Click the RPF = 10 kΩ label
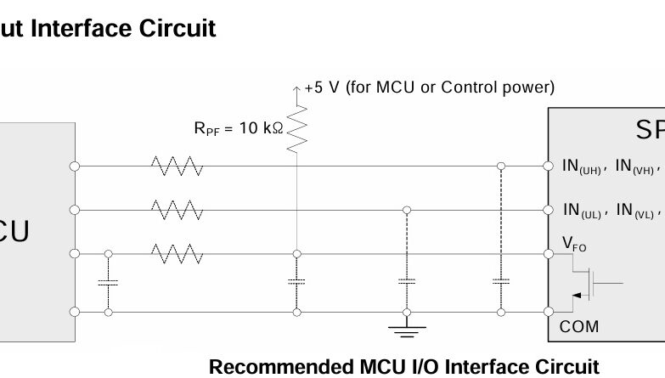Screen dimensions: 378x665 pos(238,128)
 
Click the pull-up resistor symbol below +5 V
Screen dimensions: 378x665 pos(296,129)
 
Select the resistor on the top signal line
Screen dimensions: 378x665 pos(177,166)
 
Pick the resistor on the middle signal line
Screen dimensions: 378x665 pos(177,209)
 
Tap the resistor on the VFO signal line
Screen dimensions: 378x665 pos(177,252)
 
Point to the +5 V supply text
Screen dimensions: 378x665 pos(429,87)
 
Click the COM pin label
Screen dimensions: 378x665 pos(578,326)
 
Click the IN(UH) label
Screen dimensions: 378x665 pos(583,166)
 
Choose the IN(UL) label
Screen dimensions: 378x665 pos(583,210)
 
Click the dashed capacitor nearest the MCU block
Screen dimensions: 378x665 pos(108,282)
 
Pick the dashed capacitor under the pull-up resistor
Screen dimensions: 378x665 pos(296,282)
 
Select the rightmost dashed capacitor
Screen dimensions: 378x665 pos(500,280)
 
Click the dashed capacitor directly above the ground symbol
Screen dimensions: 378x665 pos(407,281)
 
